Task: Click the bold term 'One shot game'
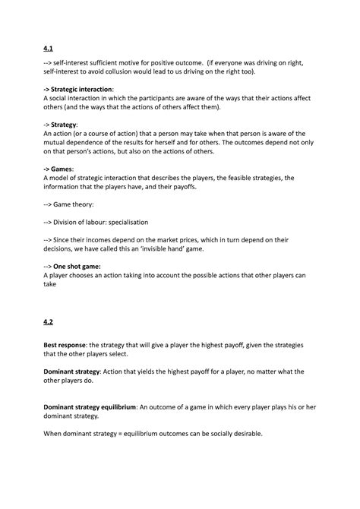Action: [86, 270]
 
